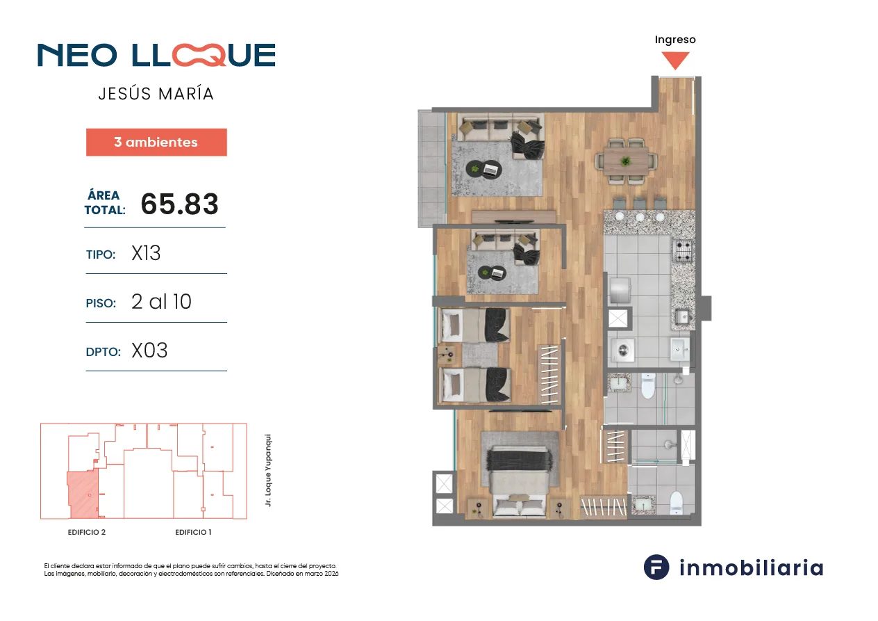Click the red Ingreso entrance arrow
pyautogui.click(x=675, y=60)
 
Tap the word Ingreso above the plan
pyautogui.click(x=675, y=40)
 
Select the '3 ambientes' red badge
pyautogui.click(x=156, y=142)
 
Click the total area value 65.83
pyautogui.click(x=179, y=204)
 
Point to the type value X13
pyautogui.click(x=146, y=253)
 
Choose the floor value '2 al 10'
pyautogui.click(x=161, y=302)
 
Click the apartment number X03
pyautogui.click(x=149, y=350)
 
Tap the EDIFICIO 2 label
pyautogui.click(x=87, y=533)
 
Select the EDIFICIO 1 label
pyautogui.click(x=193, y=533)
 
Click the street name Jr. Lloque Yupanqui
pyautogui.click(x=268, y=470)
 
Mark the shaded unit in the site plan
pyautogui.click(x=83, y=495)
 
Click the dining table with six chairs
pyautogui.click(x=626, y=161)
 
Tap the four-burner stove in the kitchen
pyautogui.click(x=683, y=250)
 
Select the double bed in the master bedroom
pyautogui.click(x=520, y=482)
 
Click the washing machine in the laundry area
pyautogui.click(x=623, y=350)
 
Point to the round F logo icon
pyautogui.click(x=656, y=567)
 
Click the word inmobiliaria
pyautogui.click(x=751, y=567)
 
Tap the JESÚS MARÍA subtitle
pyautogui.click(x=156, y=94)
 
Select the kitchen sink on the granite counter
pyautogui.click(x=682, y=316)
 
